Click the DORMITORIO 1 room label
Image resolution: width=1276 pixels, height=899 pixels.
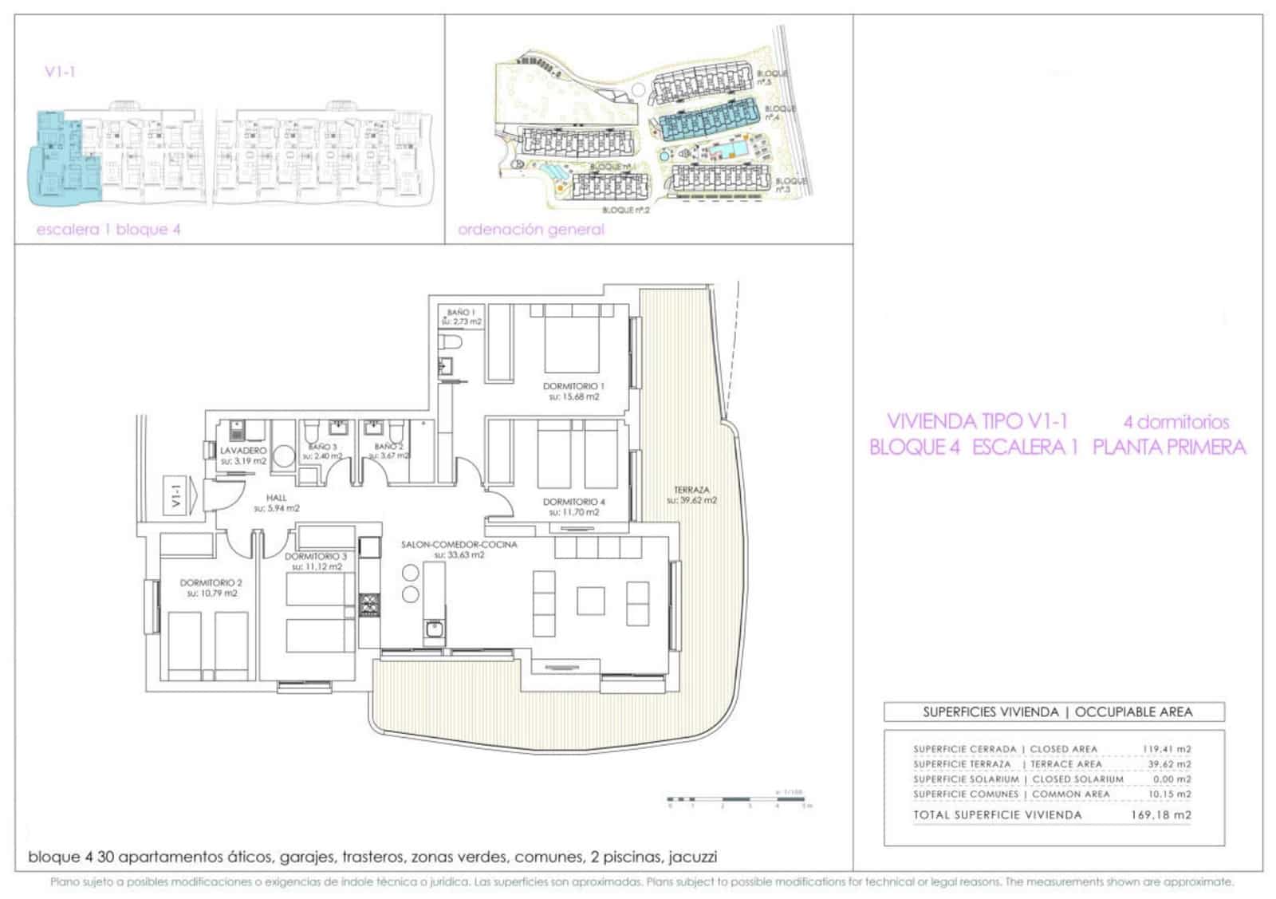pos(573,386)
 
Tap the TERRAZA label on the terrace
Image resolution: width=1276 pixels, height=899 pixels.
pos(691,490)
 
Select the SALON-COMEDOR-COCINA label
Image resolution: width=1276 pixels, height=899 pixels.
pos(459,545)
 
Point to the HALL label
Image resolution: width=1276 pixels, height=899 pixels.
pos(277,498)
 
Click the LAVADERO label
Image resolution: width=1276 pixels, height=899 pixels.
pos(243,451)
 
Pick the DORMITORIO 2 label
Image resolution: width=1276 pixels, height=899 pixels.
pos(211,582)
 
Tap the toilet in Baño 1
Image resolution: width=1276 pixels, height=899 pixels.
pos(451,343)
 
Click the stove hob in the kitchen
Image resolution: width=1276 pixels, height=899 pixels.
pos(369,605)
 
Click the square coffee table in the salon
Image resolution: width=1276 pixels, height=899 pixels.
pos(591,600)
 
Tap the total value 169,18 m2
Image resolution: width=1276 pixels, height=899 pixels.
pos(1160,814)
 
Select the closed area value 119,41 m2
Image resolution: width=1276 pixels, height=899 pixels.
pos(1165,749)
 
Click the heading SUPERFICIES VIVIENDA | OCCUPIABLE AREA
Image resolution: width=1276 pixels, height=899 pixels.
pos(1057,712)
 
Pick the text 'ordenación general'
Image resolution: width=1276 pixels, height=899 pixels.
pos(530,230)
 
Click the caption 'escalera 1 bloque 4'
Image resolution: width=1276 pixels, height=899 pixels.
pos(108,230)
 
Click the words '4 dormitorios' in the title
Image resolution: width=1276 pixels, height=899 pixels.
pos(1176,422)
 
